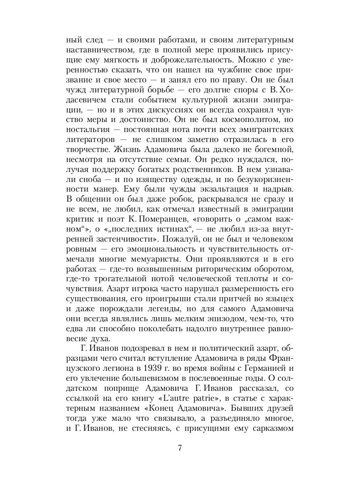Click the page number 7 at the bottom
[x=180, y=447]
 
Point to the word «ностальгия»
[x=88, y=107]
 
